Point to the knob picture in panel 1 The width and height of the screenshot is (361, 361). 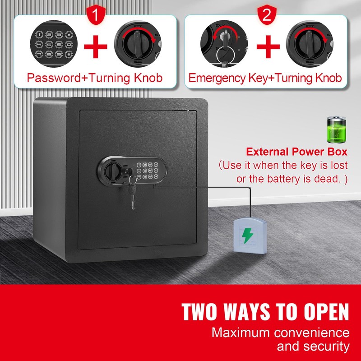click(137, 45)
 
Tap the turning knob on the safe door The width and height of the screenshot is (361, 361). click(112, 171)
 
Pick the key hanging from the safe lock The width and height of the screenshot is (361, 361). click(133, 192)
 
